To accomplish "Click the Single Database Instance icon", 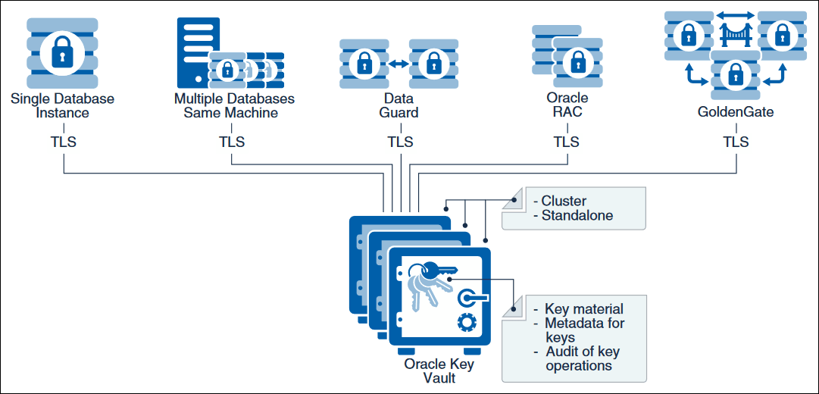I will tap(62, 51).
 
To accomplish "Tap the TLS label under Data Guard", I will tap(400, 142).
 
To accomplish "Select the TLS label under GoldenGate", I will tap(735, 142).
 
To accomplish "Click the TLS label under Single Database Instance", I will tap(62, 142).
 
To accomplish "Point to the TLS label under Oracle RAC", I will tap(566, 142).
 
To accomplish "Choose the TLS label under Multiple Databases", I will tap(232, 142).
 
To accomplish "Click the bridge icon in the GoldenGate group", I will tap(735, 33).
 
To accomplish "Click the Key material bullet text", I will tap(584, 308).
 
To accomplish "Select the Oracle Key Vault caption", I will tap(439, 371).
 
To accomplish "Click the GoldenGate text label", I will tap(736, 112).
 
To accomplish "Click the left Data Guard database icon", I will tap(364, 63).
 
